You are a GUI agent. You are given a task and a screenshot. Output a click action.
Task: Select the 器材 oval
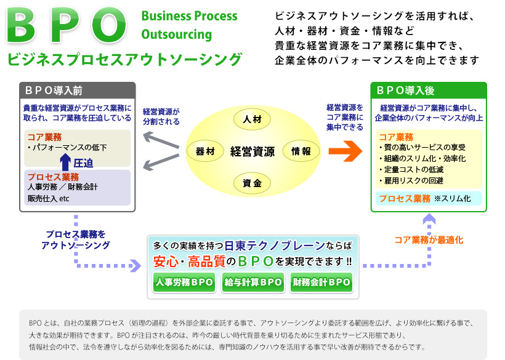[205, 151]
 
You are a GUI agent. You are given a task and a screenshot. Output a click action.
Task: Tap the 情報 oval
[301, 151]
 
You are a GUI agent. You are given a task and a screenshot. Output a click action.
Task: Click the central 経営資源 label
[252, 151]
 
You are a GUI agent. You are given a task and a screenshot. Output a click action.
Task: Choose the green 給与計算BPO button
[252, 282]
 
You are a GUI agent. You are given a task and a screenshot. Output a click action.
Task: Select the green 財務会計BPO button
[321, 282]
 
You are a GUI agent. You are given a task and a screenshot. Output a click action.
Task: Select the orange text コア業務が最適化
[429, 240]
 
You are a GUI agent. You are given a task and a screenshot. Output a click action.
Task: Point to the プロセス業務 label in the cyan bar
[405, 198]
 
